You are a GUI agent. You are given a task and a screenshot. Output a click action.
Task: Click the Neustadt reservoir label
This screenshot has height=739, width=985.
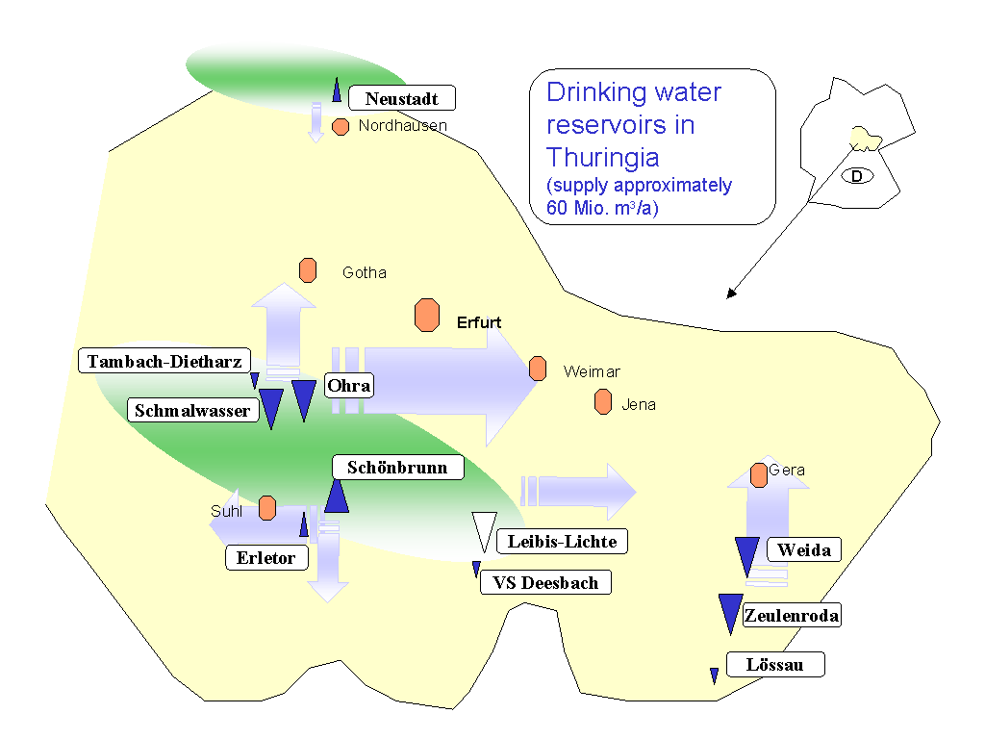click(x=401, y=98)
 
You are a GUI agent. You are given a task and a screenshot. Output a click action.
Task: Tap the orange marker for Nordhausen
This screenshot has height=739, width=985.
click(x=341, y=126)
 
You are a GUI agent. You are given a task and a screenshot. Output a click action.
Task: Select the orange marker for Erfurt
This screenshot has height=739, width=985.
click(x=426, y=315)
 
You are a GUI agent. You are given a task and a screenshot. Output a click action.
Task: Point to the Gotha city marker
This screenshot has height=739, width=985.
click(x=308, y=270)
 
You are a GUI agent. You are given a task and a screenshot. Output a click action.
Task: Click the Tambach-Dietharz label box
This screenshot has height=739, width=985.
click(x=164, y=362)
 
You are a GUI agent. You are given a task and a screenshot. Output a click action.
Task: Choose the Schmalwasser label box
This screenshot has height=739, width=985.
click(x=193, y=411)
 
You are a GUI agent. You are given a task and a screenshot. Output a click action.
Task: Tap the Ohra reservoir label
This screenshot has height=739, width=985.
click(x=348, y=386)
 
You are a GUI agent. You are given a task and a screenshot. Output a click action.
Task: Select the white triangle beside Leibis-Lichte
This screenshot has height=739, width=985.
click(x=483, y=532)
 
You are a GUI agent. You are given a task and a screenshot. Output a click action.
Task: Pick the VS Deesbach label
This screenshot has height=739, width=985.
click(x=545, y=582)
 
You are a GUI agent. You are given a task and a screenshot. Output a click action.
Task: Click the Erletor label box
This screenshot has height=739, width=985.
click(x=266, y=557)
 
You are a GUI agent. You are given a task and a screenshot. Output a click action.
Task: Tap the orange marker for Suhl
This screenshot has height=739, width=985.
click(x=267, y=507)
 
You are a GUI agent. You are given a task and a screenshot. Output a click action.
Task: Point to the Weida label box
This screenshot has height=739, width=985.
click(x=804, y=550)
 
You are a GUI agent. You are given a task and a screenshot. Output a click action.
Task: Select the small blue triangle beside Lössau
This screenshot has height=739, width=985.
click(x=714, y=675)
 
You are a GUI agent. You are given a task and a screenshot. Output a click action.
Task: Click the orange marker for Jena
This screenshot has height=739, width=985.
click(x=603, y=402)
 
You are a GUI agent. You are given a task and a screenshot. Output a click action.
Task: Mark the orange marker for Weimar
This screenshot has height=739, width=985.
click(x=538, y=369)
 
